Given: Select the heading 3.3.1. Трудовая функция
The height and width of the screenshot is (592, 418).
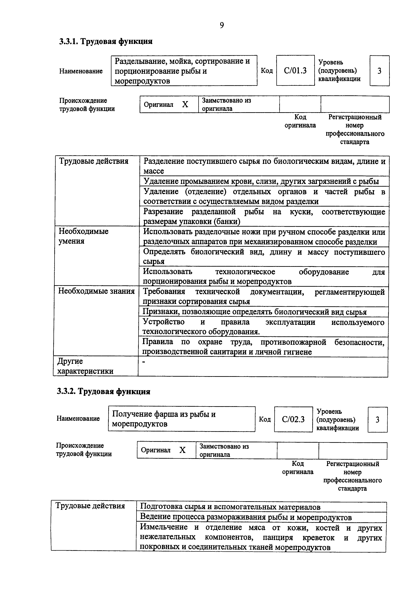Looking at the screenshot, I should [x=106, y=41].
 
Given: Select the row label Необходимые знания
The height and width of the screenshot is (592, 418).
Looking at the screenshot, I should [x=96, y=291].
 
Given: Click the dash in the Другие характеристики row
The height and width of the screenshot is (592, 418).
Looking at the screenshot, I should [x=144, y=362].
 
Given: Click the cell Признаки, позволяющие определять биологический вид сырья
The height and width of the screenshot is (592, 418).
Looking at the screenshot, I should [x=254, y=312].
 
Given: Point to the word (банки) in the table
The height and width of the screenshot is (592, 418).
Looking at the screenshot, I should [x=227, y=221].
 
